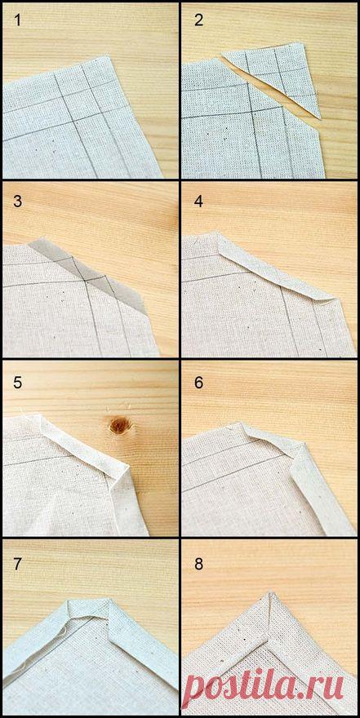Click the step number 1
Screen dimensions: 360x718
click(17, 20)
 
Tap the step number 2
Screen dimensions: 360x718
click(198, 20)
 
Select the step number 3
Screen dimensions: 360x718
click(17, 202)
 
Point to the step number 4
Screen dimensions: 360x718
click(198, 202)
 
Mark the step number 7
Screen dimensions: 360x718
click(17, 564)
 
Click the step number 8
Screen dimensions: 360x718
click(198, 564)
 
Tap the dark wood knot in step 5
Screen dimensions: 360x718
click(119, 425)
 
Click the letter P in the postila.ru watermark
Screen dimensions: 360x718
click(198, 685)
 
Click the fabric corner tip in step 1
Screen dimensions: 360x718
click(108, 57)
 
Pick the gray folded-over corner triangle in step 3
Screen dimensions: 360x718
click(91, 275)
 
